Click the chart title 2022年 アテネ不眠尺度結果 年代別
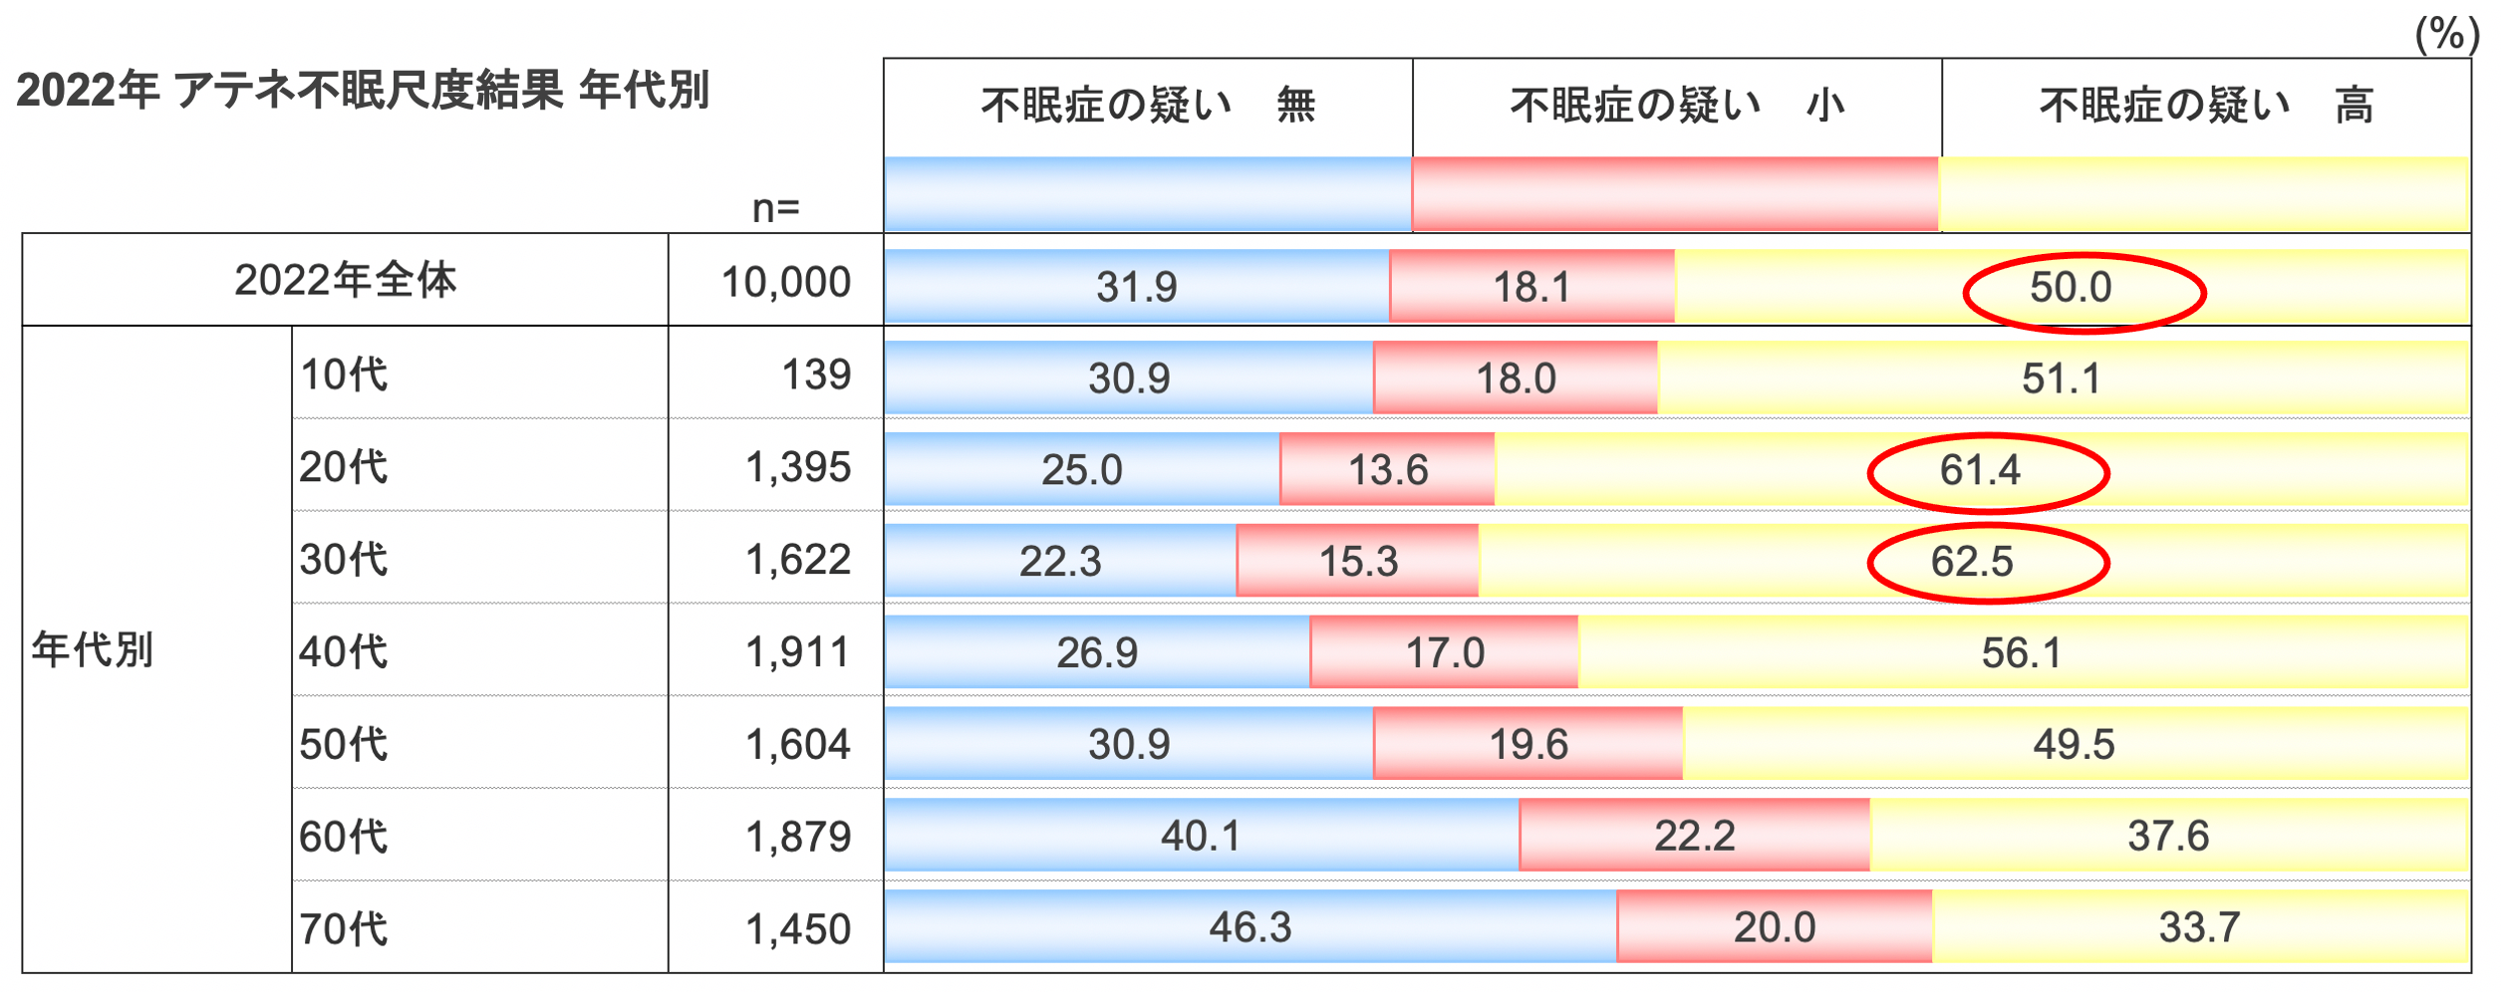(x=362, y=91)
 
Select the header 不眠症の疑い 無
(x=1148, y=106)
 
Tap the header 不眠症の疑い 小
(x=1677, y=106)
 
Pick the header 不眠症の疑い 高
(x=2206, y=106)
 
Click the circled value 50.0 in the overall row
(x=2071, y=288)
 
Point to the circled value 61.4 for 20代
(x=1980, y=470)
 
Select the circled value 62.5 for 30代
(x=1972, y=562)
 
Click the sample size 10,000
(x=786, y=283)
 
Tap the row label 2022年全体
(x=345, y=280)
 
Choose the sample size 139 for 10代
(x=816, y=376)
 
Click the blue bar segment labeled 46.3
(x=1250, y=928)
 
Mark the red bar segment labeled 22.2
(x=1694, y=837)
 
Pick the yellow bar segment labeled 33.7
(x=2199, y=928)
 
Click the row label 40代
(x=344, y=652)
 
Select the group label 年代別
(x=93, y=650)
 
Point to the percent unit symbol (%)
(x=2446, y=35)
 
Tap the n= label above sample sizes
(x=775, y=209)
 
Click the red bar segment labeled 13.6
(x=1387, y=470)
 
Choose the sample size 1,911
(x=798, y=652)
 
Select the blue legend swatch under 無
(x=1147, y=195)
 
